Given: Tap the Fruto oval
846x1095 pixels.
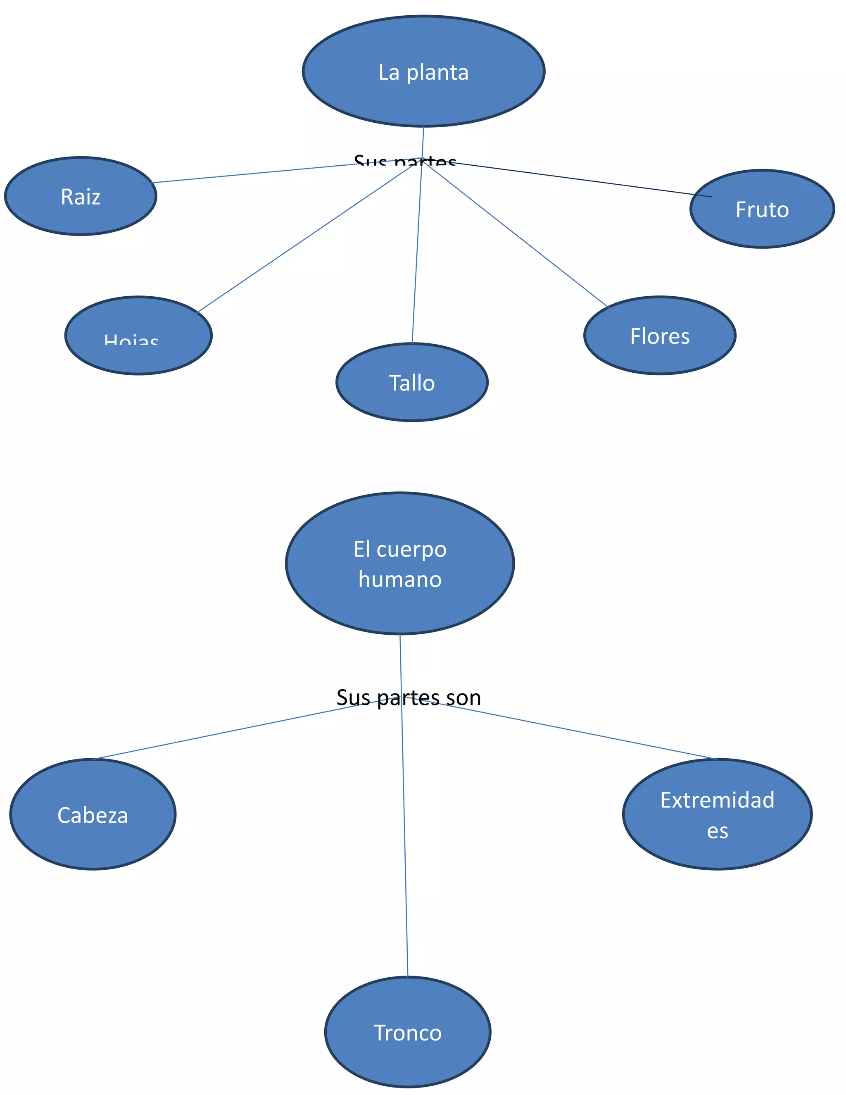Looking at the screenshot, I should (x=762, y=209).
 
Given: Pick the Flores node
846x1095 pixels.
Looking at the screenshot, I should (x=660, y=336).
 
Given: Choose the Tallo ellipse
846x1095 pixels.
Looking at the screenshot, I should (x=411, y=383).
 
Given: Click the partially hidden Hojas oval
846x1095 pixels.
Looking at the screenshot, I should (x=138, y=336).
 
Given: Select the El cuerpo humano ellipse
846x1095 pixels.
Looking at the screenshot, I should (x=399, y=564).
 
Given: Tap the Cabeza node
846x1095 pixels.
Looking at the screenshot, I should (x=93, y=814).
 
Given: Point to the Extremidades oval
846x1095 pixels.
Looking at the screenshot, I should (x=717, y=814).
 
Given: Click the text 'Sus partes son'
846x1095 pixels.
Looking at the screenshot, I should (x=409, y=698).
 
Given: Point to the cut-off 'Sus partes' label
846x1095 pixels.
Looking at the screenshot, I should (x=404, y=162).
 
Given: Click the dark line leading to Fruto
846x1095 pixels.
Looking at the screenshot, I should (x=576, y=178).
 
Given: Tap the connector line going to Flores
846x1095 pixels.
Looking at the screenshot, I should (x=516, y=233).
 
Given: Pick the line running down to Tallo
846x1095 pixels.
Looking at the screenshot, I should (x=417, y=251).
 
